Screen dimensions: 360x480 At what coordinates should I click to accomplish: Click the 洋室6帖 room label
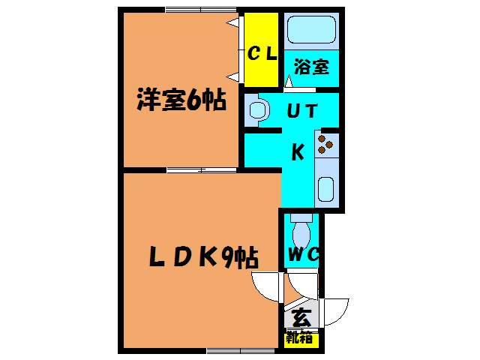pyautogui.click(x=181, y=101)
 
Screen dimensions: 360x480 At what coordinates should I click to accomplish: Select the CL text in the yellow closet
pyautogui.click(x=262, y=53)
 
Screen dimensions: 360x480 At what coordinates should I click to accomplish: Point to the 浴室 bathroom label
pyautogui.click(x=311, y=67)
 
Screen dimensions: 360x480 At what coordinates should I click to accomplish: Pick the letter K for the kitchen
pyautogui.click(x=298, y=152)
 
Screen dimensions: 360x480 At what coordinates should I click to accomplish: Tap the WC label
pyautogui.click(x=303, y=254)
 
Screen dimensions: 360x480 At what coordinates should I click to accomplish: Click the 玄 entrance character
pyautogui.click(x=302, y=317)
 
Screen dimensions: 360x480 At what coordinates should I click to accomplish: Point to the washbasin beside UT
pyautogui.click(x=258, y=110)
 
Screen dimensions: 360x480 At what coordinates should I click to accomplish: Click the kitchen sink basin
pyautogui.click(x=326, y=188)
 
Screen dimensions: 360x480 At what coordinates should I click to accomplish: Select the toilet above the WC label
pyautogui.click(x=302, y=228)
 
